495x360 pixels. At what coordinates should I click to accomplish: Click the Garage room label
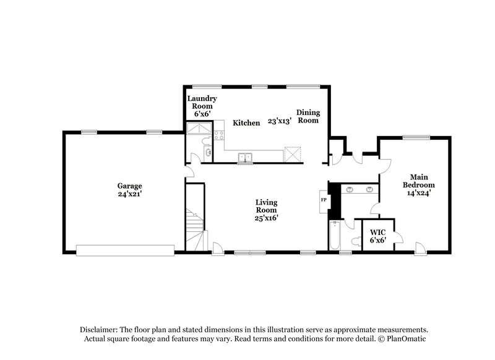pyautogui.click(x=130, y=186)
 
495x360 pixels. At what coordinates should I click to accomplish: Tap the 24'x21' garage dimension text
pyautogui.click(x=130, y=194)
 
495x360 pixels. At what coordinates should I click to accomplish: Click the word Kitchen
pyautogui.click(x=246, y=123)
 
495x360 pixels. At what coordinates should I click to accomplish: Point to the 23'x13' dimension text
pyautogui.click(x=279, y=122)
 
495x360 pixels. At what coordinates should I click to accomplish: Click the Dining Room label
pyautogui.click(x=308, y=116)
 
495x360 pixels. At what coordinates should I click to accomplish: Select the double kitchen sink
pyautogui.click(x=246, y=158)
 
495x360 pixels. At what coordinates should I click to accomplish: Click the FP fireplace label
pyautogui.click(x=323, y=200)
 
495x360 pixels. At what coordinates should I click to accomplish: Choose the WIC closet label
pyautogui.click(x=377, y=236)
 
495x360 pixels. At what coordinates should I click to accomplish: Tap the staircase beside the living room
pyautogui.click(x=194, y=229)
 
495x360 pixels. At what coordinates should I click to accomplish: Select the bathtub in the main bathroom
pyautogui.click(x=335, y=236)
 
